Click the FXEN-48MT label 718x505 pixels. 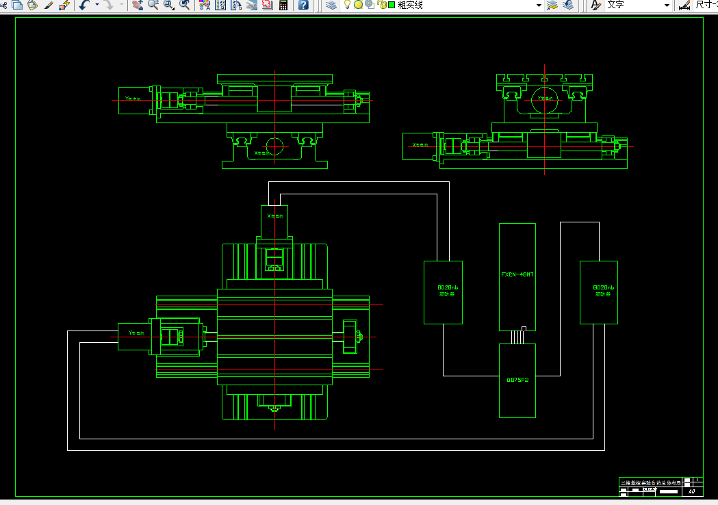click(x=517, y=274)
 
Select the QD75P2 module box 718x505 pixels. click(x=517, y=380)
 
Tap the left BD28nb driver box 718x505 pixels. click(x=443, y=292)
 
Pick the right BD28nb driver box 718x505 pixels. click(x=598, y=292)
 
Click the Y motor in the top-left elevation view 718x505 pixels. click(x=133, y=101)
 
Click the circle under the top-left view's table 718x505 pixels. click(x=274, y=146)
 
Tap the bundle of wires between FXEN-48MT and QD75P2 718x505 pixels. click(x=517, y=336)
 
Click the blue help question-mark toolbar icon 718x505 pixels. click(x=303, y=5)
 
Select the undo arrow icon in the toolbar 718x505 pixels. click(x=84, y=5)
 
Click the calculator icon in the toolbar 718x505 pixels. click(x=283, y=5)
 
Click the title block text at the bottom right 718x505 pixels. click(x=650, y=483)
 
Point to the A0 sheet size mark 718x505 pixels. click(x=691, y=491)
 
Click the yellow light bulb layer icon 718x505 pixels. click(x=347, y=5)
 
